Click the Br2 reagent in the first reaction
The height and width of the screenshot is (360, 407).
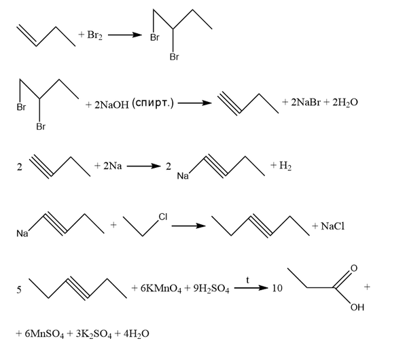pyautogui.click(x=94, y=35)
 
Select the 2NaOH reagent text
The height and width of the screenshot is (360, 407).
pyautogui.click(x=111, y=105)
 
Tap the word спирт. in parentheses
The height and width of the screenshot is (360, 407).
pyautogui.click(x=153, y=103)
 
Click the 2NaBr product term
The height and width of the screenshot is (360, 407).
pyautogui.click(x=306, y=103)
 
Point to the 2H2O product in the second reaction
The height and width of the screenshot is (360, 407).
pyautogui.click(x=345, y=103)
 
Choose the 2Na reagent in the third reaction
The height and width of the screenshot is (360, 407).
pyautogui.click(x=112, y=166)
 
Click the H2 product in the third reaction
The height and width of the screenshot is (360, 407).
pyautogui.click(x=285, y=165)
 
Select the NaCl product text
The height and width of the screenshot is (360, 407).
pyautogui.click(x=333, y=226)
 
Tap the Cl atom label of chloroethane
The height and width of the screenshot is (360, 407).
pyautogui.click(x=163, y=217)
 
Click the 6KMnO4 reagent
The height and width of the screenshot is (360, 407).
pyautogui.click(x=161, y=289)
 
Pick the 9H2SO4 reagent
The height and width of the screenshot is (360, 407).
pyautogui.click(x=211, y=289)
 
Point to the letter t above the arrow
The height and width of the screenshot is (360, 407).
pyautogui.click(x=247, y=280)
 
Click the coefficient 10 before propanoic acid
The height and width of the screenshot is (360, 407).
pyautogui.click(x=277, y=288)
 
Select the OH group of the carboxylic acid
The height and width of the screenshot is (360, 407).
pyautogui.click(x=357, y=307)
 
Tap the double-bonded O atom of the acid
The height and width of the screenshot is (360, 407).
pyautogui.click(x=354, y=268)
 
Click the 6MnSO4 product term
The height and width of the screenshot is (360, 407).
pyautogui.click(x=44, y=334)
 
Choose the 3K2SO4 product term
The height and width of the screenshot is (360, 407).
pyautogui.click(x=94, y=334)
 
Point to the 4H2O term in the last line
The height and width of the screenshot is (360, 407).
pyautogui.click(x=137, y=334)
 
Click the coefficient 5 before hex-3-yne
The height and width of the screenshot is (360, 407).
pyautogui.click(x=19, y=289)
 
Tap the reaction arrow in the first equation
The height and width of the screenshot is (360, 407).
pyautogui.click(x=125, y=35)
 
